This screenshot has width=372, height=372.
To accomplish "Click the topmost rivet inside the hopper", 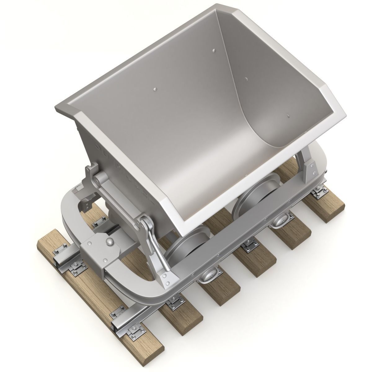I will pos(214,50).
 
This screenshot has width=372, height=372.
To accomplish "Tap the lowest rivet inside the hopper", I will pos(288,117).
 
